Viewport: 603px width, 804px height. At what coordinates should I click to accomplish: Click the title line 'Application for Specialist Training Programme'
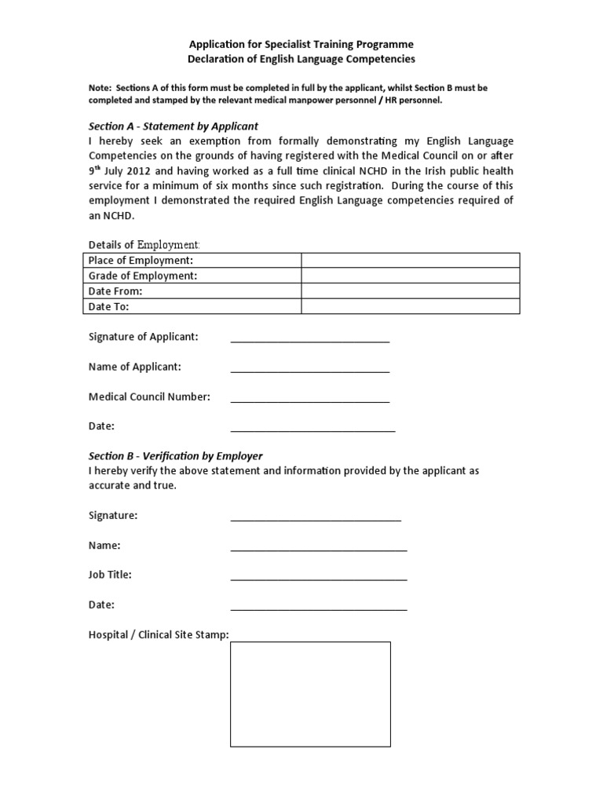(x=301, y=44)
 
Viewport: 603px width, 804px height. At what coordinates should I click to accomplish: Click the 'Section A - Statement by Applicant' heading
(x=174, y=126)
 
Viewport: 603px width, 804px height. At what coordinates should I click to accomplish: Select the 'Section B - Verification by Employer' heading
(x=175, y=455)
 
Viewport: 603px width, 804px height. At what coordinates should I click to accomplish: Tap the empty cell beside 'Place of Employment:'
(x=411, y=261)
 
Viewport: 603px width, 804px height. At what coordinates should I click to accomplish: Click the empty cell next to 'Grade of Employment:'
(x=411, y=276)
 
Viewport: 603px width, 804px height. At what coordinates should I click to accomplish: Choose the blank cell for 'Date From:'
(x=411, y=291)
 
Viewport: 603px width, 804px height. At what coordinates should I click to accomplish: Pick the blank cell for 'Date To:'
(x=411, y=306)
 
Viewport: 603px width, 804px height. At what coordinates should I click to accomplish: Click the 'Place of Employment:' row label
(x=141, y=261)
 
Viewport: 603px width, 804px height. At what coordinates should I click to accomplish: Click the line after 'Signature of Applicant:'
(x=309, y=339)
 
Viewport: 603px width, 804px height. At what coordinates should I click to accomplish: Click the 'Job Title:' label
(x=110, y=575)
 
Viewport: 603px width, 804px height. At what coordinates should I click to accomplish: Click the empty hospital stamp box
(x=309, y=694)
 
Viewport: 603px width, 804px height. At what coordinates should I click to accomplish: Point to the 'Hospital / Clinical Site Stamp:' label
(x=159, y=634)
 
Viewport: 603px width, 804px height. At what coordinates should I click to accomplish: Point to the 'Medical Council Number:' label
(x=149, y=397)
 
